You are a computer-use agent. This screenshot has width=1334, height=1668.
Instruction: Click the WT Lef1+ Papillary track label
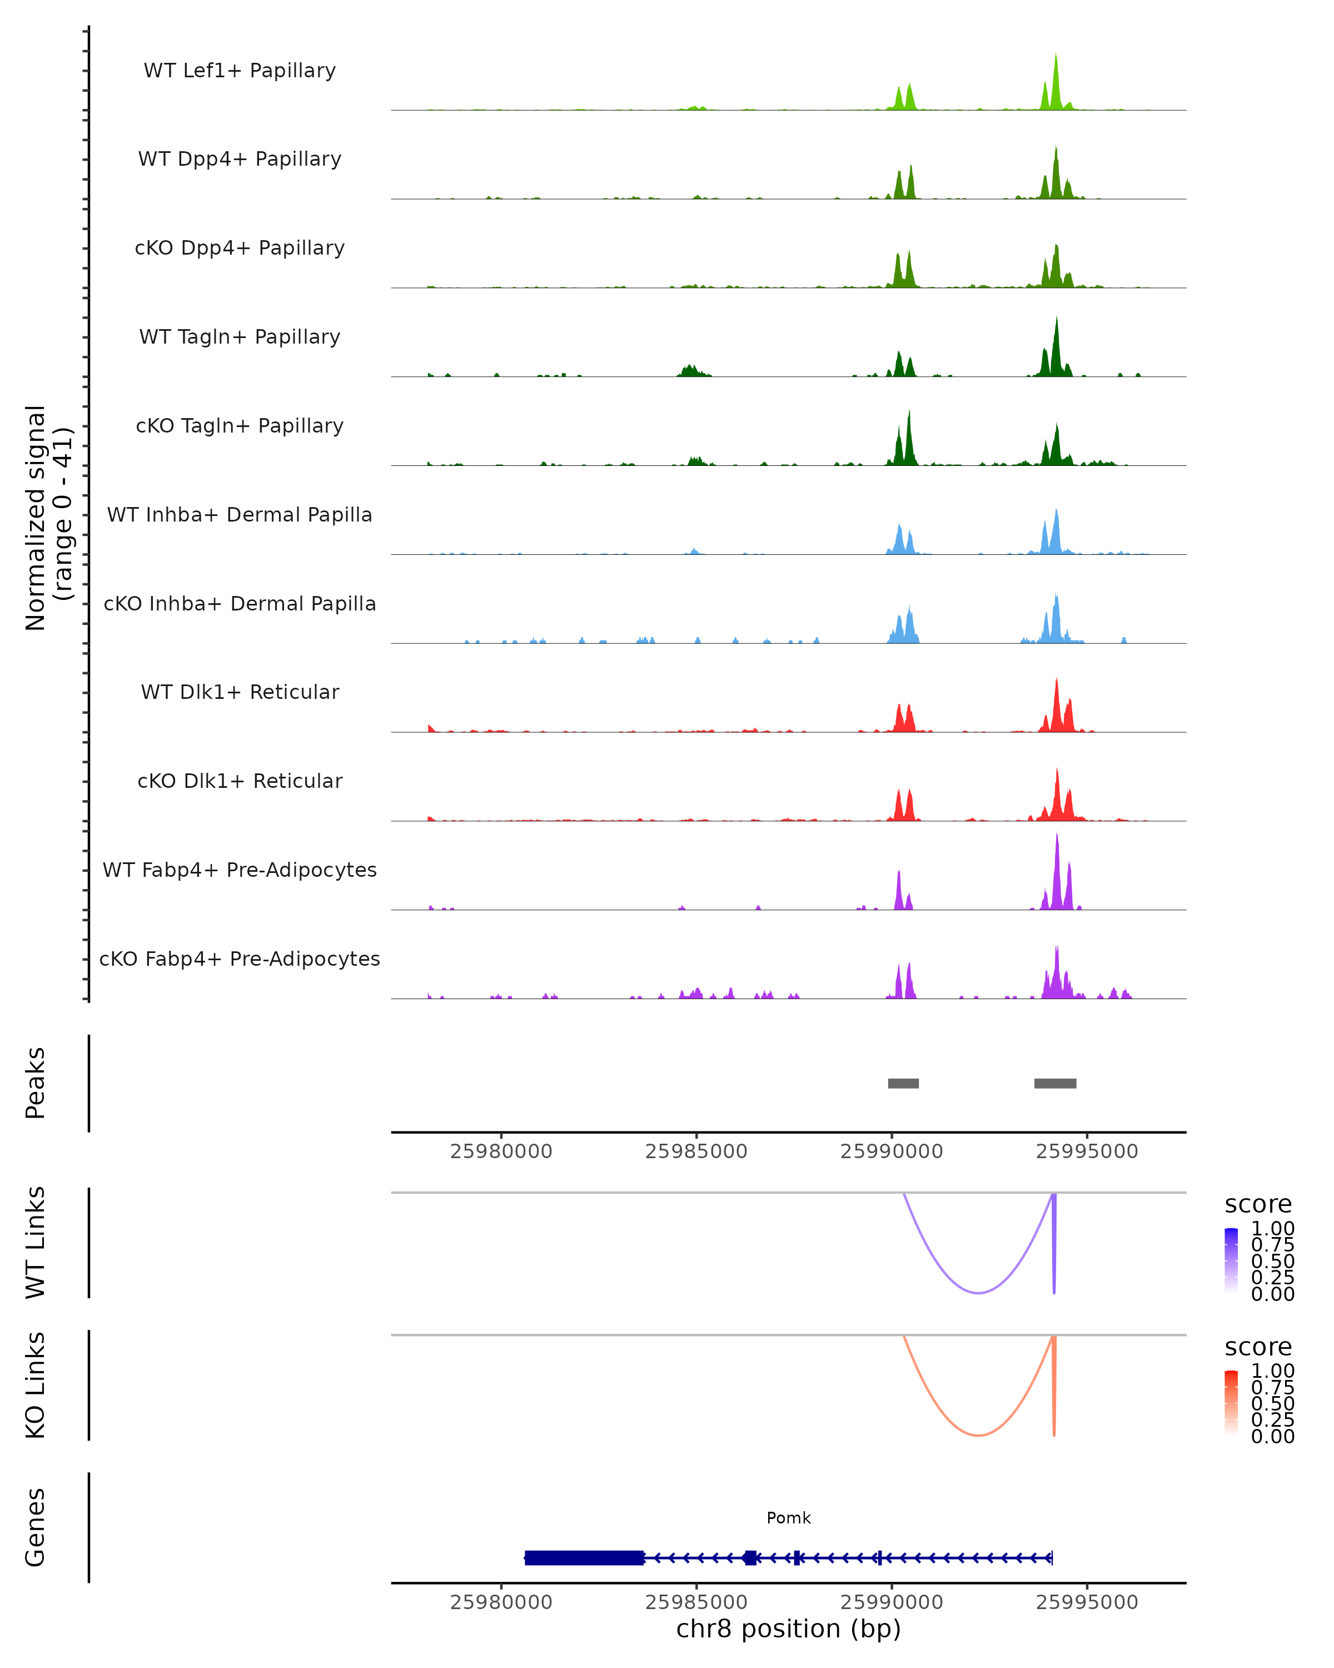pyautogui.click(x=240, y=71)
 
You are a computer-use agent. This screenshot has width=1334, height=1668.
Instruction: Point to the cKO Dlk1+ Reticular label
pyautogui.click(x=240, y=781)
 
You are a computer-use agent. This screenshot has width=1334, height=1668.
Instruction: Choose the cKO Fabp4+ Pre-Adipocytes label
pyautogui.click(x=240, y=959)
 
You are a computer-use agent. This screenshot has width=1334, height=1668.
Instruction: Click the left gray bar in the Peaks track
pyautogui.click(x=903, y=1083)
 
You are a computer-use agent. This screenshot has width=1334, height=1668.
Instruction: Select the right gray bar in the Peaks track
pyautogui.click(x=1055, y=1083)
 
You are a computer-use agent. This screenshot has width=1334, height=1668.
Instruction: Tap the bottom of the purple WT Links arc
pyautogui.click(x=978, y=1293)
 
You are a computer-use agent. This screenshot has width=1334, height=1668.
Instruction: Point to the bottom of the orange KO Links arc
pyautogui.click(x=978, y=1435)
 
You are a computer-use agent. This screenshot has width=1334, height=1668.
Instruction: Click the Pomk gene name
pyautogui.click(x=789, y=1518)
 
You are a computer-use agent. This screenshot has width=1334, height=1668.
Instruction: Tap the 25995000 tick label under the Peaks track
pyautogui.click(x=1087, y=1151)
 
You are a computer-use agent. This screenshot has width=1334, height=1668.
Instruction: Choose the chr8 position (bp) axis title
pyautogui.click(x=788, y=1629)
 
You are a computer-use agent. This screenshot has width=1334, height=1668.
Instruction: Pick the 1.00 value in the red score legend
pyautogui.click(x=1272, y=1372)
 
